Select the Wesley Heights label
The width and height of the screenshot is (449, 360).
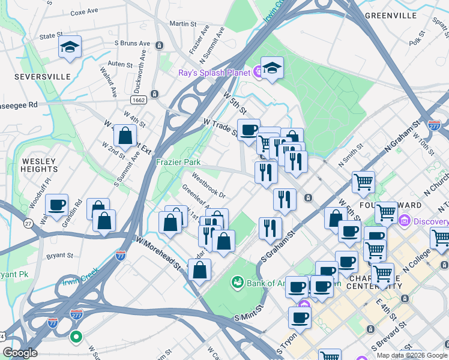point(38,166)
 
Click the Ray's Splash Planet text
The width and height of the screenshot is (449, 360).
point(214,73)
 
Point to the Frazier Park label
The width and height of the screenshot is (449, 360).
point(178,162)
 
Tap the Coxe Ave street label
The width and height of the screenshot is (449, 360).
point(85,12)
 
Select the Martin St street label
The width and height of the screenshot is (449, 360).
point(183,24)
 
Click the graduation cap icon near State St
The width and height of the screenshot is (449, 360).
point(70,47)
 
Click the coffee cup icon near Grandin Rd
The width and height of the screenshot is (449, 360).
point(57,205)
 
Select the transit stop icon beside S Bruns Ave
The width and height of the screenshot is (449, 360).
point(160,45)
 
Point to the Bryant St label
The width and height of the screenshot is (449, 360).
point(59,255)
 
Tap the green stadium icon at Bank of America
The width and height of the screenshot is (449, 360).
point(237,282)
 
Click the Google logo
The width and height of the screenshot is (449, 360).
point(20,353)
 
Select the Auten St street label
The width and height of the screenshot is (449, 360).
point(119,64)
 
